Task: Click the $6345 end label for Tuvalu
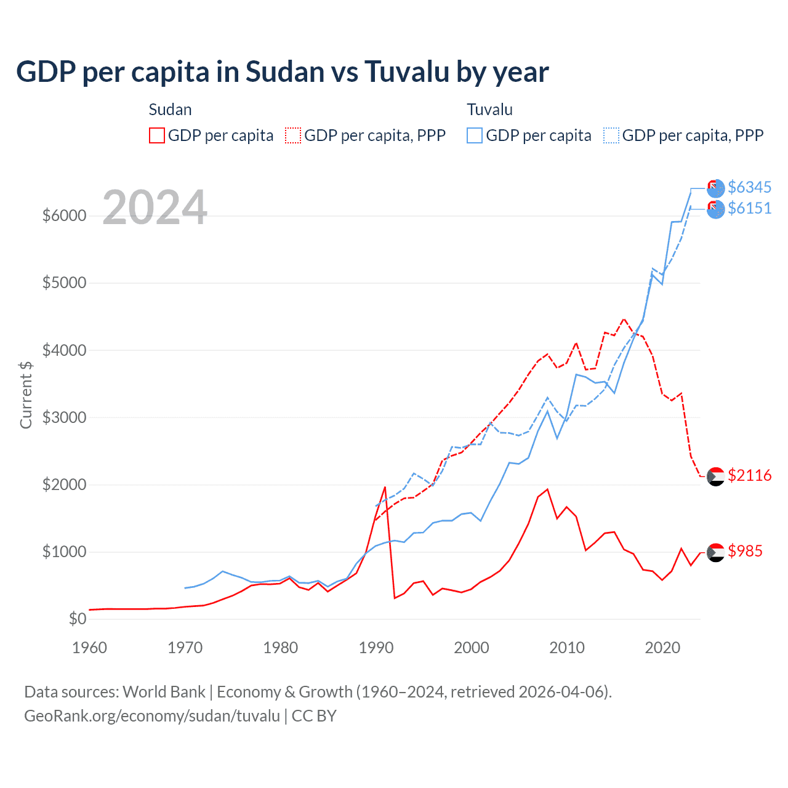coord(749,187)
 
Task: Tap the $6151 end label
coord(749,208)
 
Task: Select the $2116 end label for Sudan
coord(749,475)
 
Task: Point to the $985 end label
coord(745,551)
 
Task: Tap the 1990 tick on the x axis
coord(376,648)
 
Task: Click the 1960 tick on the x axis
coord(90,648)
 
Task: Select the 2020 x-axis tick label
coord(662,648)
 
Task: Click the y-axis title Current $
coord(26,395)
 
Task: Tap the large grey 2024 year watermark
coord(155,207)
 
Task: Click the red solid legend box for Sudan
coord(157,135)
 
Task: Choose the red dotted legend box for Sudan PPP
coord(293,135)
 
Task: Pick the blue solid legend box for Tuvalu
coord(475,135)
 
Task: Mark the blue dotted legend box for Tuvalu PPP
coord(611,135)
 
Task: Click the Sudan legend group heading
coord(171,110)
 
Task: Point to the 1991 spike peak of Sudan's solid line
coord(385,487)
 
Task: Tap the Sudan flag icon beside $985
coord(715,552)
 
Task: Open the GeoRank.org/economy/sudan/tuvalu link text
coord(152,716)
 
